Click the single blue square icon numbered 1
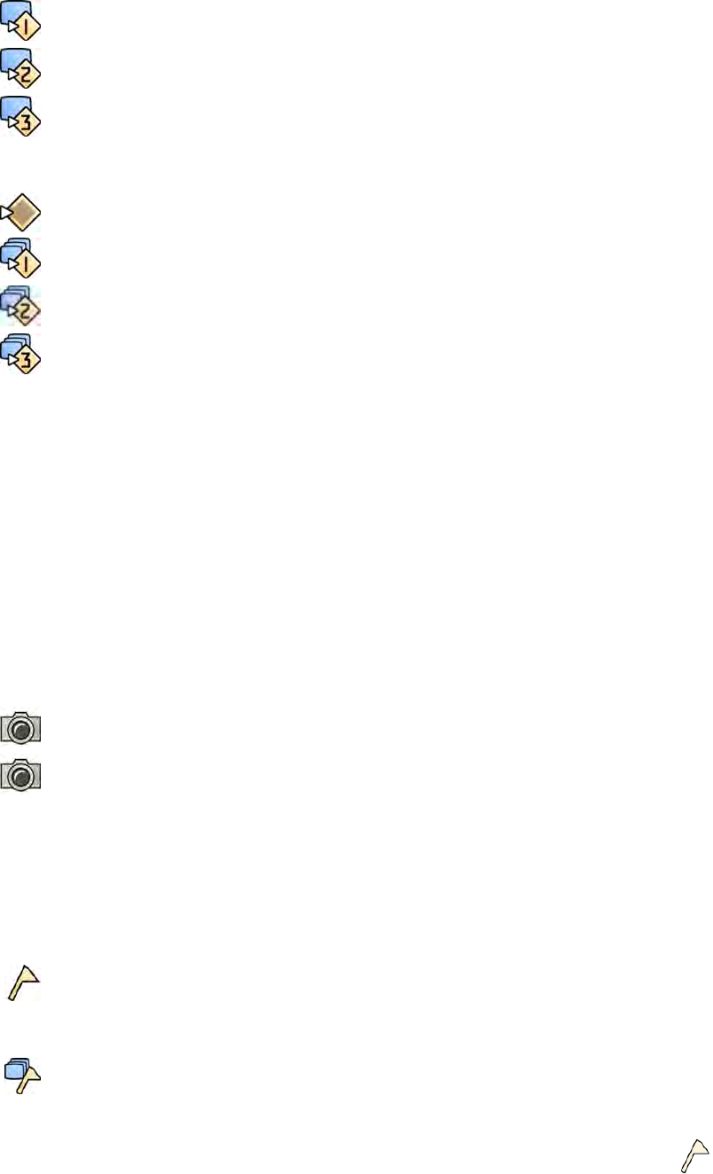pyautogui.click(x=21, y=20)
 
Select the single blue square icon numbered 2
pyautogui.click(x=21, y=67)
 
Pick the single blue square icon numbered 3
pyautogui.click(x=21, y=114)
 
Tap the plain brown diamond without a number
pyautogui.click(x=21, y=214)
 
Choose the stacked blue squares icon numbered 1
pyautogui.click(x=21, y=257)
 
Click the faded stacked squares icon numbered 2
pyautogui.click(x=21, y=306)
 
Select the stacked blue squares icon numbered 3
pyautogui.click(x=21, y=353)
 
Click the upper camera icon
pyautogui.click(x=21, y=726)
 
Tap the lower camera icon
pyautogui.click(x=21, y=774)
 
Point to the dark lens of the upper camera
pyautogui.click(x=22, y=730)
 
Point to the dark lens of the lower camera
pyautogui.click(x=22, y=778)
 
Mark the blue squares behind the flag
pyautogui.click(x=15, y=1068)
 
